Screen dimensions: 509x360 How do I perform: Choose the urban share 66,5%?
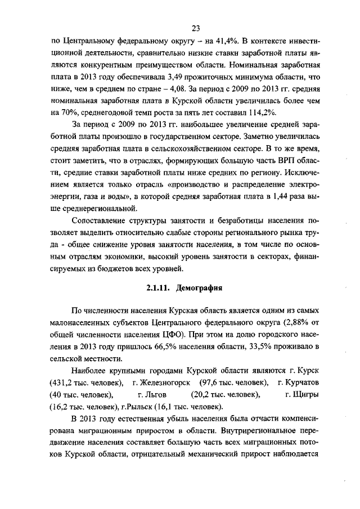178,347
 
